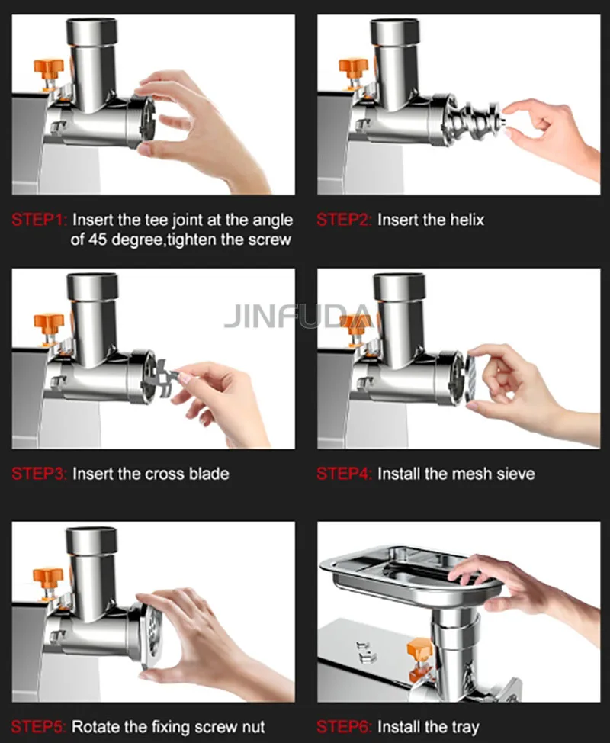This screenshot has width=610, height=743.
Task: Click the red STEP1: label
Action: [40, 220]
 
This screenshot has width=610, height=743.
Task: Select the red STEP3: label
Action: [40, 474]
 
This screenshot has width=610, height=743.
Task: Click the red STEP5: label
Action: [40, 727]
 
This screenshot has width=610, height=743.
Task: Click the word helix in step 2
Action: [464, 220]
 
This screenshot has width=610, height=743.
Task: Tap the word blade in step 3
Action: [208, 474]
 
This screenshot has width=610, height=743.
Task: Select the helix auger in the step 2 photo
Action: [473, 117]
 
